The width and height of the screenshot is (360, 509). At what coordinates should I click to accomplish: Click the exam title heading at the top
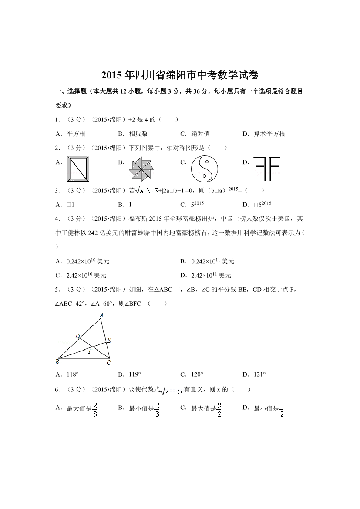click(180, 75)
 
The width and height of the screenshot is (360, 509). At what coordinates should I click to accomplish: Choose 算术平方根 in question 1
click(269, 134)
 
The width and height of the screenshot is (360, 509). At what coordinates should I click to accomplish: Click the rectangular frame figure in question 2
click(79, 169)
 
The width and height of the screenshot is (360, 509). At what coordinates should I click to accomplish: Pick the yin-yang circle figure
click(204, 169)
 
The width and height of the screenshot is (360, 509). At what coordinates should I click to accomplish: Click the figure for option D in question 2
click(266, 168)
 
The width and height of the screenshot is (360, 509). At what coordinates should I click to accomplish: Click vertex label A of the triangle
click(101, 315)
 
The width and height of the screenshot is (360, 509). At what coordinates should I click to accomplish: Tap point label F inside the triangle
click(90, 351)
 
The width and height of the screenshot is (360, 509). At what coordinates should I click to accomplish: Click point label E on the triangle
click(109, 340)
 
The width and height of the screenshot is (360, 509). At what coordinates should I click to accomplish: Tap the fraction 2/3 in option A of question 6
click(95, 409)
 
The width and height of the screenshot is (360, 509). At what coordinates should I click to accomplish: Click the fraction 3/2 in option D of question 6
click(282, 409)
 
